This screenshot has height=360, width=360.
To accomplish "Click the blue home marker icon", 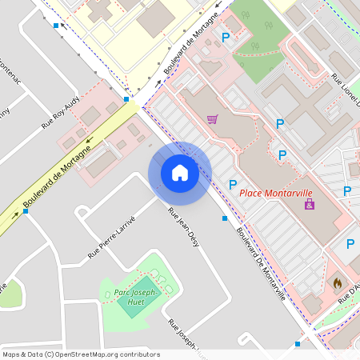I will tap(179, 173).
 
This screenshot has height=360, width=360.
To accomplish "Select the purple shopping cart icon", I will tap(212, 119).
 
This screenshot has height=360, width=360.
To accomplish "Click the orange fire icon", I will tap(338, 283).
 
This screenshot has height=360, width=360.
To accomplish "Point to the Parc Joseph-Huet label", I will tap(138, 294).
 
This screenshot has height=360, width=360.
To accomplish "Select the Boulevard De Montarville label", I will tap(262, 260).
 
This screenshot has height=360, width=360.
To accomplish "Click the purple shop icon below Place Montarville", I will tap(310, 206).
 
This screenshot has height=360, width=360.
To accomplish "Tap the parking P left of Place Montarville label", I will tap(233, 185).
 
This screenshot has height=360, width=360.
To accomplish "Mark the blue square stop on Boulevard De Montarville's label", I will tap(225, 218).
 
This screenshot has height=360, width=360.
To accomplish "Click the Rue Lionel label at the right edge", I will tap(347, 93).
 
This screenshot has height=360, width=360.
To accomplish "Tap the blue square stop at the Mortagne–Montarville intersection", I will tap(126, 100).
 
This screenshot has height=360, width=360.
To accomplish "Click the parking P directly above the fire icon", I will tap(350, 244).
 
